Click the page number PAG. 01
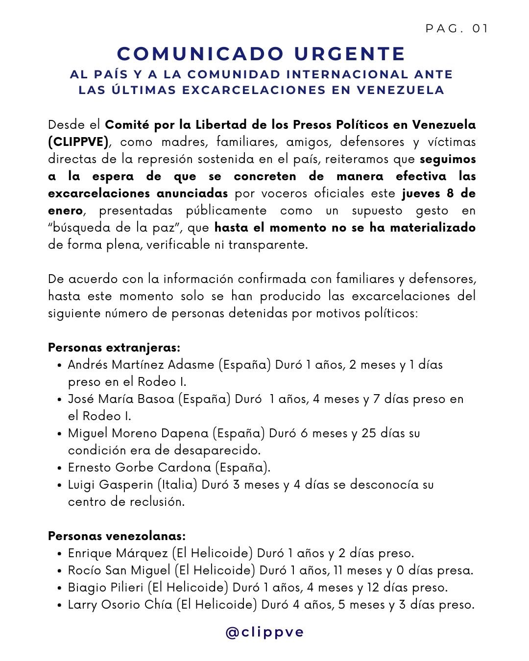point(457,29)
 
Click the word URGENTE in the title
point(350,54)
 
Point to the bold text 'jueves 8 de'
point(438,193)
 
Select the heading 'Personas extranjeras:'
point(114,348)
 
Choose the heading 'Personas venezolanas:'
point(117,536)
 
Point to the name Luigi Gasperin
point(111,485)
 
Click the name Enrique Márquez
point(118,553)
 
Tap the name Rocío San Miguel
point(120,570)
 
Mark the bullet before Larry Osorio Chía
point(59,605)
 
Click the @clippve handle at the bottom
point(264,632)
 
